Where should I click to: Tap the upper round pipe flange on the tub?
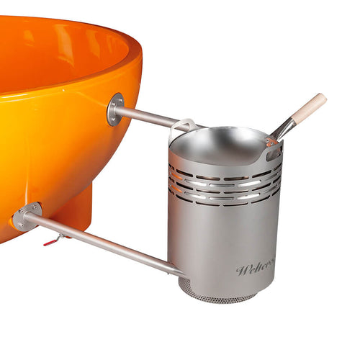point(115,109)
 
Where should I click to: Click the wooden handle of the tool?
point(310,106)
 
